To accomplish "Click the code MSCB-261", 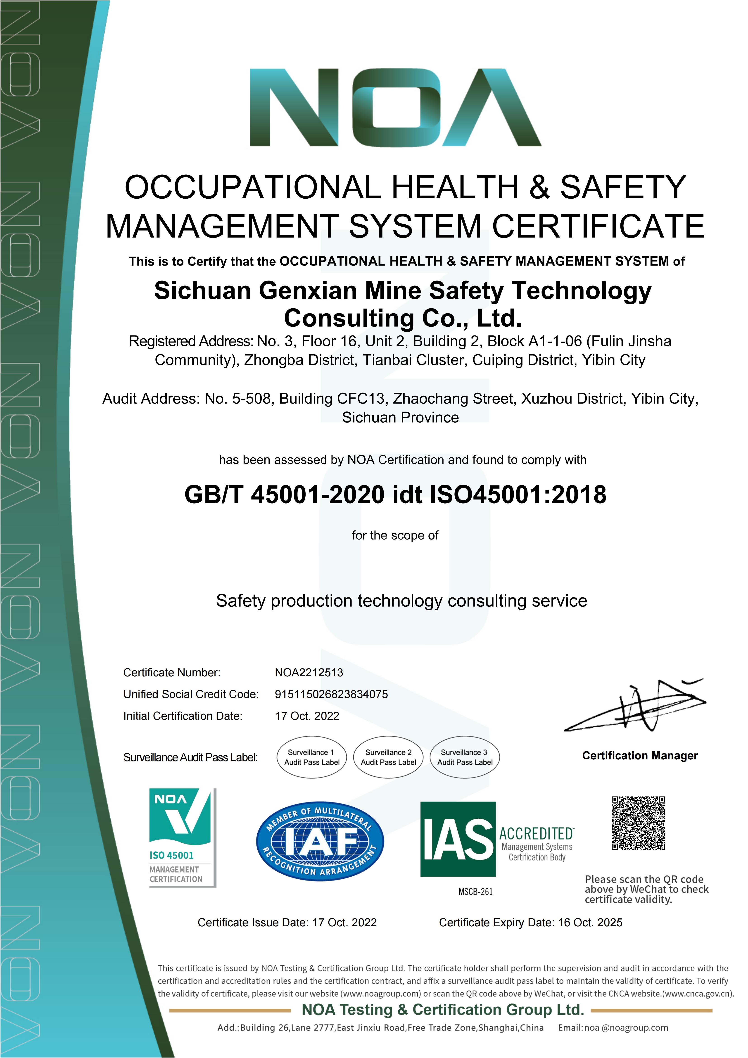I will pos(475,892).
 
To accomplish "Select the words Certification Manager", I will pos(640,756).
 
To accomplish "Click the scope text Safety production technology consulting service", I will pos(401,601).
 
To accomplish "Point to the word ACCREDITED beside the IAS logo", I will pos(537,834).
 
